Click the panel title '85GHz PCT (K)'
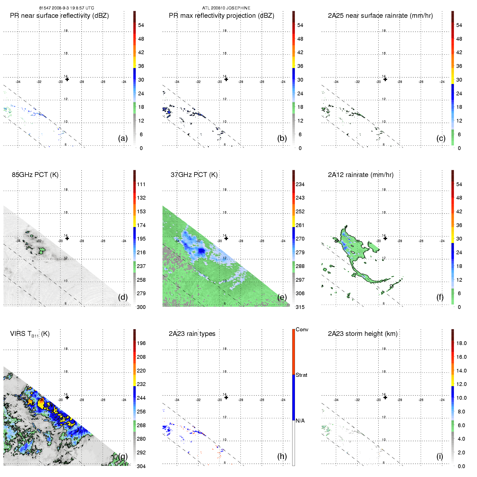click(35, 175)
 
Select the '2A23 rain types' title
click(192, 334)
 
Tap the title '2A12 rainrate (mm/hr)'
click(360, 175)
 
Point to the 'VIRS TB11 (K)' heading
click(30, 334)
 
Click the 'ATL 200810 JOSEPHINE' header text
click(226, 8)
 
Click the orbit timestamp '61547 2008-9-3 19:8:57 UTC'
click(67, 8)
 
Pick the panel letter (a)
click(123, 138)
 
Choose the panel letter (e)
click(282, 297)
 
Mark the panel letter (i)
click(440, 456)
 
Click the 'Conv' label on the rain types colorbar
click(302, 329)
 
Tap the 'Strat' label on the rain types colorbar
click(301, 375)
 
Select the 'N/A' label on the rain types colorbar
click(300, 421)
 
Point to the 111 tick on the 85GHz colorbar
click(141, 184)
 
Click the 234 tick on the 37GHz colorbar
click(300, 184)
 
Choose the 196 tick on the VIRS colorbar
click(141, 343)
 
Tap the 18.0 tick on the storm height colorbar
click(461, 343)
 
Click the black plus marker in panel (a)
click(67, 79)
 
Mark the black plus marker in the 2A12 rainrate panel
click(385, 238)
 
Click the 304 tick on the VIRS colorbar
click(141, 466)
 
